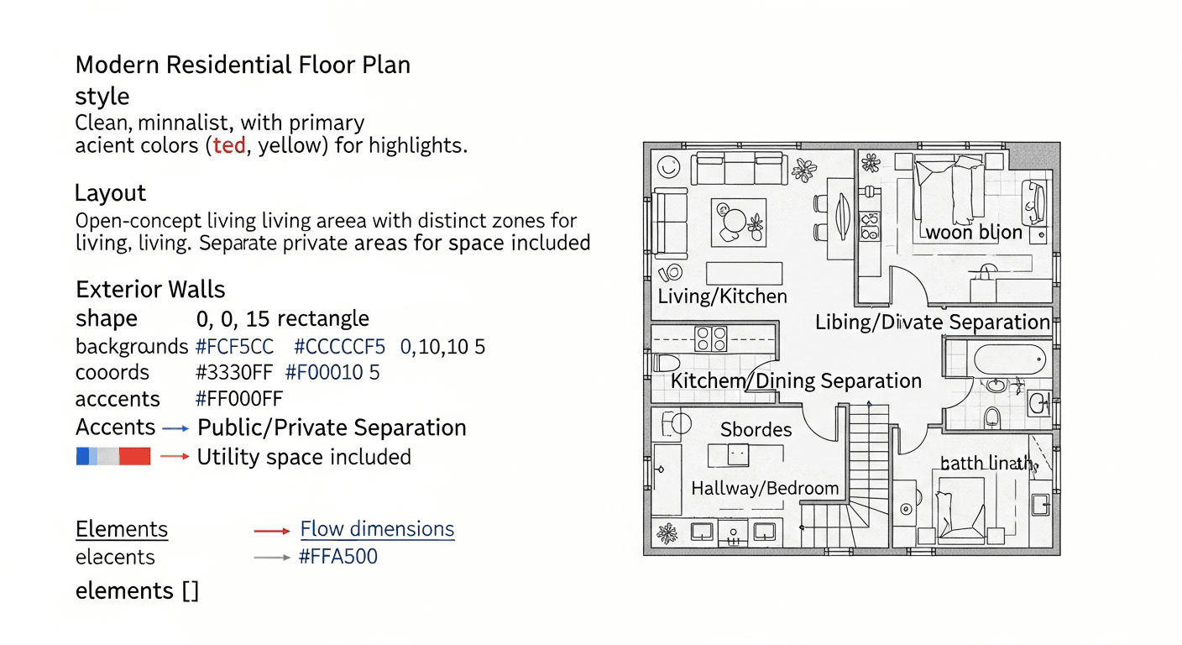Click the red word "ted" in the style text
point(229,145)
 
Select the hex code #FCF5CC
point(234,347)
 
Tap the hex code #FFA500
point(338,557)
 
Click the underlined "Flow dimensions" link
point(377,529)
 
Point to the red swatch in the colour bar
point(134,457)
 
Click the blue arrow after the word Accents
point(175,428)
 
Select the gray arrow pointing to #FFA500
point(272,558)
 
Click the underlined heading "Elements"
point(122,529)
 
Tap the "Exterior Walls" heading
point(150,289)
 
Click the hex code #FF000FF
point(239,399)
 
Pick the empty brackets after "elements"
point(191,591)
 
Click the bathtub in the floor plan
point(1010,359)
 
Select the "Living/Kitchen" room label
point(723,296)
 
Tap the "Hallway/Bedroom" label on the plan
point(765,488)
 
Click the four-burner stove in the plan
point(711,338)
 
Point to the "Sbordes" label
point(756,430)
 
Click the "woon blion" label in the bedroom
point(974,233)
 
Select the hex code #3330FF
point(234,373)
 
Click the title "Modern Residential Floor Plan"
point(243,65)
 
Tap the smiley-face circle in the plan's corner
point(668,167)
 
